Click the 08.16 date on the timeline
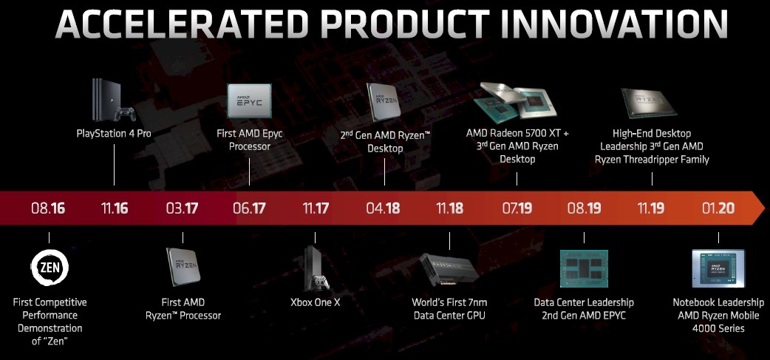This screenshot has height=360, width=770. [x=48, y=208]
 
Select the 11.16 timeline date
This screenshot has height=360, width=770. [x=115, y=208]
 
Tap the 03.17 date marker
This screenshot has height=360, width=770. [x=183, y=208]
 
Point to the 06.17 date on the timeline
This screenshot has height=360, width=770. [x=249, y=208]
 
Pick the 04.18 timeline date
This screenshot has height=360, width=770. [x=383, y=208]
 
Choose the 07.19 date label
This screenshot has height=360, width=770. [x=517, y=208]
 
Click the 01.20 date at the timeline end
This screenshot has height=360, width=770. [x=718, y=208]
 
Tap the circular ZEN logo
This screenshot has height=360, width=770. [x=50, y=268]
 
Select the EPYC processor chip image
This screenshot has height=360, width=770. [x=249, y=101]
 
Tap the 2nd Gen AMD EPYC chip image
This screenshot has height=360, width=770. [x=584, y=268]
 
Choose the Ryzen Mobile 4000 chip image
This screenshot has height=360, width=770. [x=718, y=268]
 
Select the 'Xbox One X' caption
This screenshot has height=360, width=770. [x=316, y=302]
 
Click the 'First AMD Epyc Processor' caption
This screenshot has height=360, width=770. [x=250, y=140]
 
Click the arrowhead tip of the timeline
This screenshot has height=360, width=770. [x=764, y=208]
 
